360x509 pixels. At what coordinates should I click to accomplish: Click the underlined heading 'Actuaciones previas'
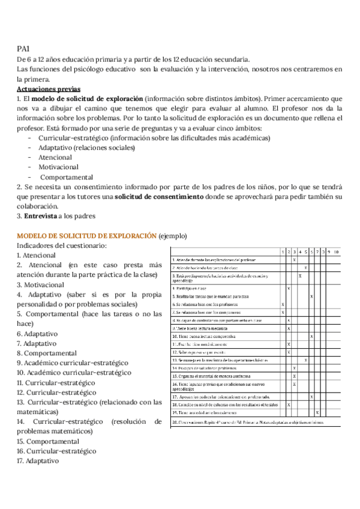(x=49, y=88)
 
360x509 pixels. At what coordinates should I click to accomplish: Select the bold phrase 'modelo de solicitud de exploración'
(x=87, y=98)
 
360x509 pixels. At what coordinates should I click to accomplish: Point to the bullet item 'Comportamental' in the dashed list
(x=67, y=177)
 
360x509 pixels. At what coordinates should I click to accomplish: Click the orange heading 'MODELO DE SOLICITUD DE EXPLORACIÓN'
(x=86, y=236)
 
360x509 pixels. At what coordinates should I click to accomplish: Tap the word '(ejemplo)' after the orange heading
(x=173, y=236)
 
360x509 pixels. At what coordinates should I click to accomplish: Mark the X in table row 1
(x=294, y=259)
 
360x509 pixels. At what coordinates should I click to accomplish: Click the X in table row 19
(x=317, y=413)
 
